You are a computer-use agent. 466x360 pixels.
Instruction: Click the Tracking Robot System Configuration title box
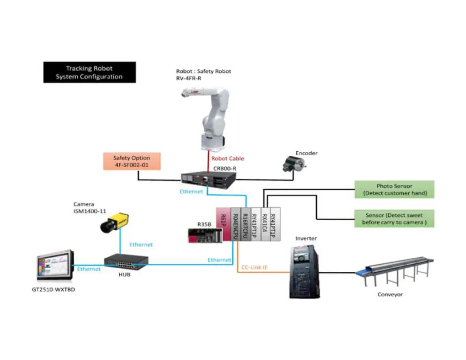click(x=89, y=72)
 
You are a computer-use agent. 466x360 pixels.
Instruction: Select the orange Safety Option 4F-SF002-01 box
click(x=132, y=161)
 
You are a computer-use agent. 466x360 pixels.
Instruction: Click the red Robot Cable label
click(x=228, y=158)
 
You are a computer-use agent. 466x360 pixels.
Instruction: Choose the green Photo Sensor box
click(x=395, y=190)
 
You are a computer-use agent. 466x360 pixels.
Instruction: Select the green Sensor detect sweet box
click(x=395, y=219)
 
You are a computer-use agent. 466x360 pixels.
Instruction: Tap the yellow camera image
click(x=114, y=222)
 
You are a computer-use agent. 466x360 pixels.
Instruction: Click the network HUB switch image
click(x=126, y=263)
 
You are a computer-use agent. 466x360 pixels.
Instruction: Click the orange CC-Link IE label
click(x=254, y=267)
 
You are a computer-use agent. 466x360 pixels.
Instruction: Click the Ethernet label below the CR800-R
click(x=191, y=192)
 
